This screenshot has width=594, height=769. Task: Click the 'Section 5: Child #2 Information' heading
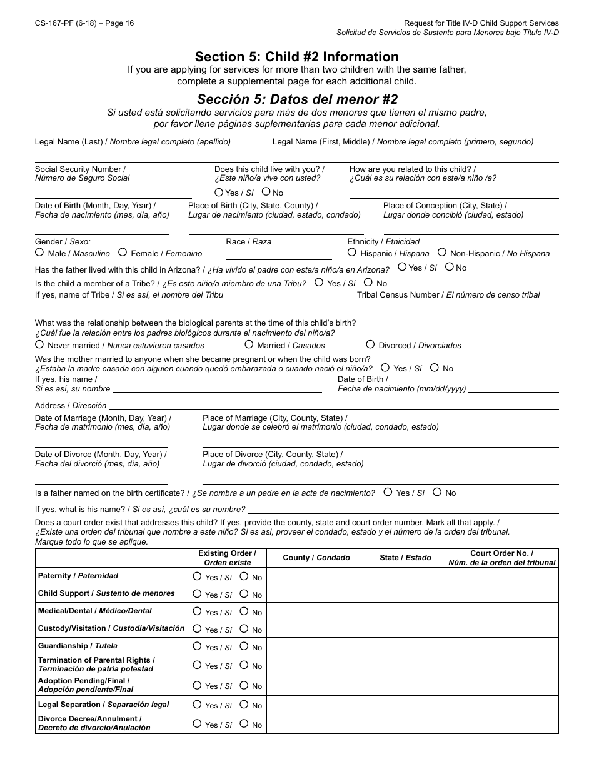click(x=296, y=57)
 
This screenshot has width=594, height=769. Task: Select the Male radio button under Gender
click(x=39, y=253)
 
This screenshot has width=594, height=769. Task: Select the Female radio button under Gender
click(x=123, y=253)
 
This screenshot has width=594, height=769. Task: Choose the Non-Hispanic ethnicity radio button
click(x=442, y=253)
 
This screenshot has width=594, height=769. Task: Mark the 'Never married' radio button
click(x=39, y=344)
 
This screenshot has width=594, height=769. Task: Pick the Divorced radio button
click(x=370, y=344)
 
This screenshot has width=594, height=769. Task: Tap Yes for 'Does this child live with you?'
click(x=219, y=193)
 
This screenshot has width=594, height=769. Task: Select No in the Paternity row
click(x=244, y=576)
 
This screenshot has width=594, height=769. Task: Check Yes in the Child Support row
click(x=197, y=594)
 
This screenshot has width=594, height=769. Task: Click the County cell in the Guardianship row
click(x=316, y=646)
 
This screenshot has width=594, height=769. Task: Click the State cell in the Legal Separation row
click(x=405, y=705)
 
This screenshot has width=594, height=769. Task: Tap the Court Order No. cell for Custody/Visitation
click(x=501, y=629)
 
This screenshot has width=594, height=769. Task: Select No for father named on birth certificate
click(x=437, y=492)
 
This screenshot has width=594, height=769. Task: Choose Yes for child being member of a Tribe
click(x=319, y=283)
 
